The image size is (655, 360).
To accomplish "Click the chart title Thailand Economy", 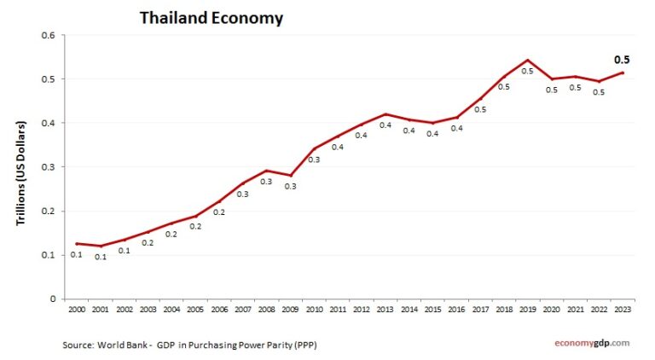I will point(212,18).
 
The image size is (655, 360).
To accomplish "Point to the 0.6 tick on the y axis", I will point(48,36).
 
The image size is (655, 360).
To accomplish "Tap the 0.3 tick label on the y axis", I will point(48,167).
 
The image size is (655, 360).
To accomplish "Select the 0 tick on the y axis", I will point(51,299).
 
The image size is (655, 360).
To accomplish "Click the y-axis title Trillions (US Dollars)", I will point(21,172).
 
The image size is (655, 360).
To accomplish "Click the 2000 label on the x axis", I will point(76,311).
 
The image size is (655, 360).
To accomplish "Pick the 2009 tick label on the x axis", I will point(291,311).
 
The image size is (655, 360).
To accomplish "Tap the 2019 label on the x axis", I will point(528,311).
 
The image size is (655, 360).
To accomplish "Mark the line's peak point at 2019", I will point(528,61).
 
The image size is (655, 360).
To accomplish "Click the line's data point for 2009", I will point(291,175).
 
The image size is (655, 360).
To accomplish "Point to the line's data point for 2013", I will point(385,113).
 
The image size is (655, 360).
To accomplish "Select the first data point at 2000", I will point(77,244).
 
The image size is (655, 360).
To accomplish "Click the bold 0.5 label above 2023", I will point(622,60).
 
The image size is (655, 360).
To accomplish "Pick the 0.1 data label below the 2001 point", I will point(101,257).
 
